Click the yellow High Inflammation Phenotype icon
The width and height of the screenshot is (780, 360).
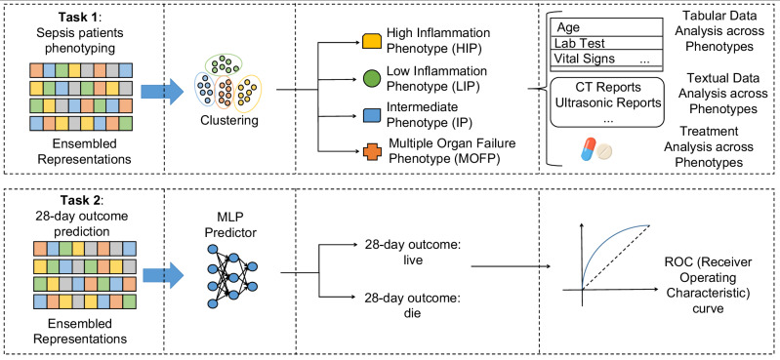tap(371, 40)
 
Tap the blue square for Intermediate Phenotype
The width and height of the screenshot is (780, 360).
tap(371, 116)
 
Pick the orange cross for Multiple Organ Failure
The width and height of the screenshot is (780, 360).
tap(371, 151)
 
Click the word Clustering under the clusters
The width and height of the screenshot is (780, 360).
tap(224, 120)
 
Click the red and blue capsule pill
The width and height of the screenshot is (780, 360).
tap(589, 149)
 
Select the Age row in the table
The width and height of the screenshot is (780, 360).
tap(607, 27)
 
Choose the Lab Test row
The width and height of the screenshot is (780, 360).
tap(607, 43)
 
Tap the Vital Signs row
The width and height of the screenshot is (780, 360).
tap(607, 59)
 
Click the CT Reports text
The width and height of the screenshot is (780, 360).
tap(607, 88)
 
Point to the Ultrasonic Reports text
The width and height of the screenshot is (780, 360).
tap(608, 103)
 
